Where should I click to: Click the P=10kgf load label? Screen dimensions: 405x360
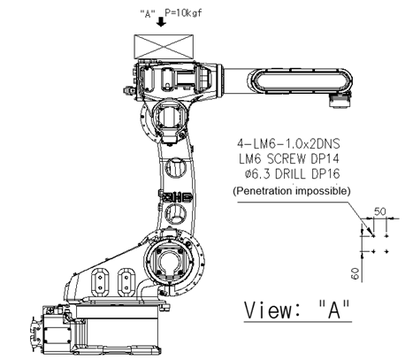pyautogui.click(x=183, y=13)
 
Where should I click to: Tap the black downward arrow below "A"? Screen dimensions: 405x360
pyautogui.click(x=161, y=21)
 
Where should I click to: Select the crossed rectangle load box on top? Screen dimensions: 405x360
pyautogui.click(x=164, y=46)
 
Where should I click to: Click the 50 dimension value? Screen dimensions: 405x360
pyautogui.click(x=380, y=211)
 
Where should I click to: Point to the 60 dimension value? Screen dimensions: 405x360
pyautogui.click(x=355, y=273)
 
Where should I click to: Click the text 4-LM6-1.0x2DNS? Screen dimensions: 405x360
pyautogui.click(x=288, y=144)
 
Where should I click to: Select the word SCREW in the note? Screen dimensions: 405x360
pyautogui.click(x=287, y=159)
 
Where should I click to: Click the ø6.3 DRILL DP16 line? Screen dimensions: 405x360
pyautogui.click(x=292, y=174)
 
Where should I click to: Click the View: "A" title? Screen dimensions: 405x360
pyautogui.click(x=298, y=310)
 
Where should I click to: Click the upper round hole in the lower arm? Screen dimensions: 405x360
pyautogui.click(x=175, y=168)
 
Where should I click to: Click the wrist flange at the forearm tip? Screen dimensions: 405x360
pyautogui.click(x=340, y=101)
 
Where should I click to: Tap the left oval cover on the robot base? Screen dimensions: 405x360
pyautogui.click(x=100, y=283)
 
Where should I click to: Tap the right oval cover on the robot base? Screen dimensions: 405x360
pyautogui.click(x=126, y=282)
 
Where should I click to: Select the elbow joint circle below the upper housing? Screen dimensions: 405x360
pyautogui.click(x=169, y=117)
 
